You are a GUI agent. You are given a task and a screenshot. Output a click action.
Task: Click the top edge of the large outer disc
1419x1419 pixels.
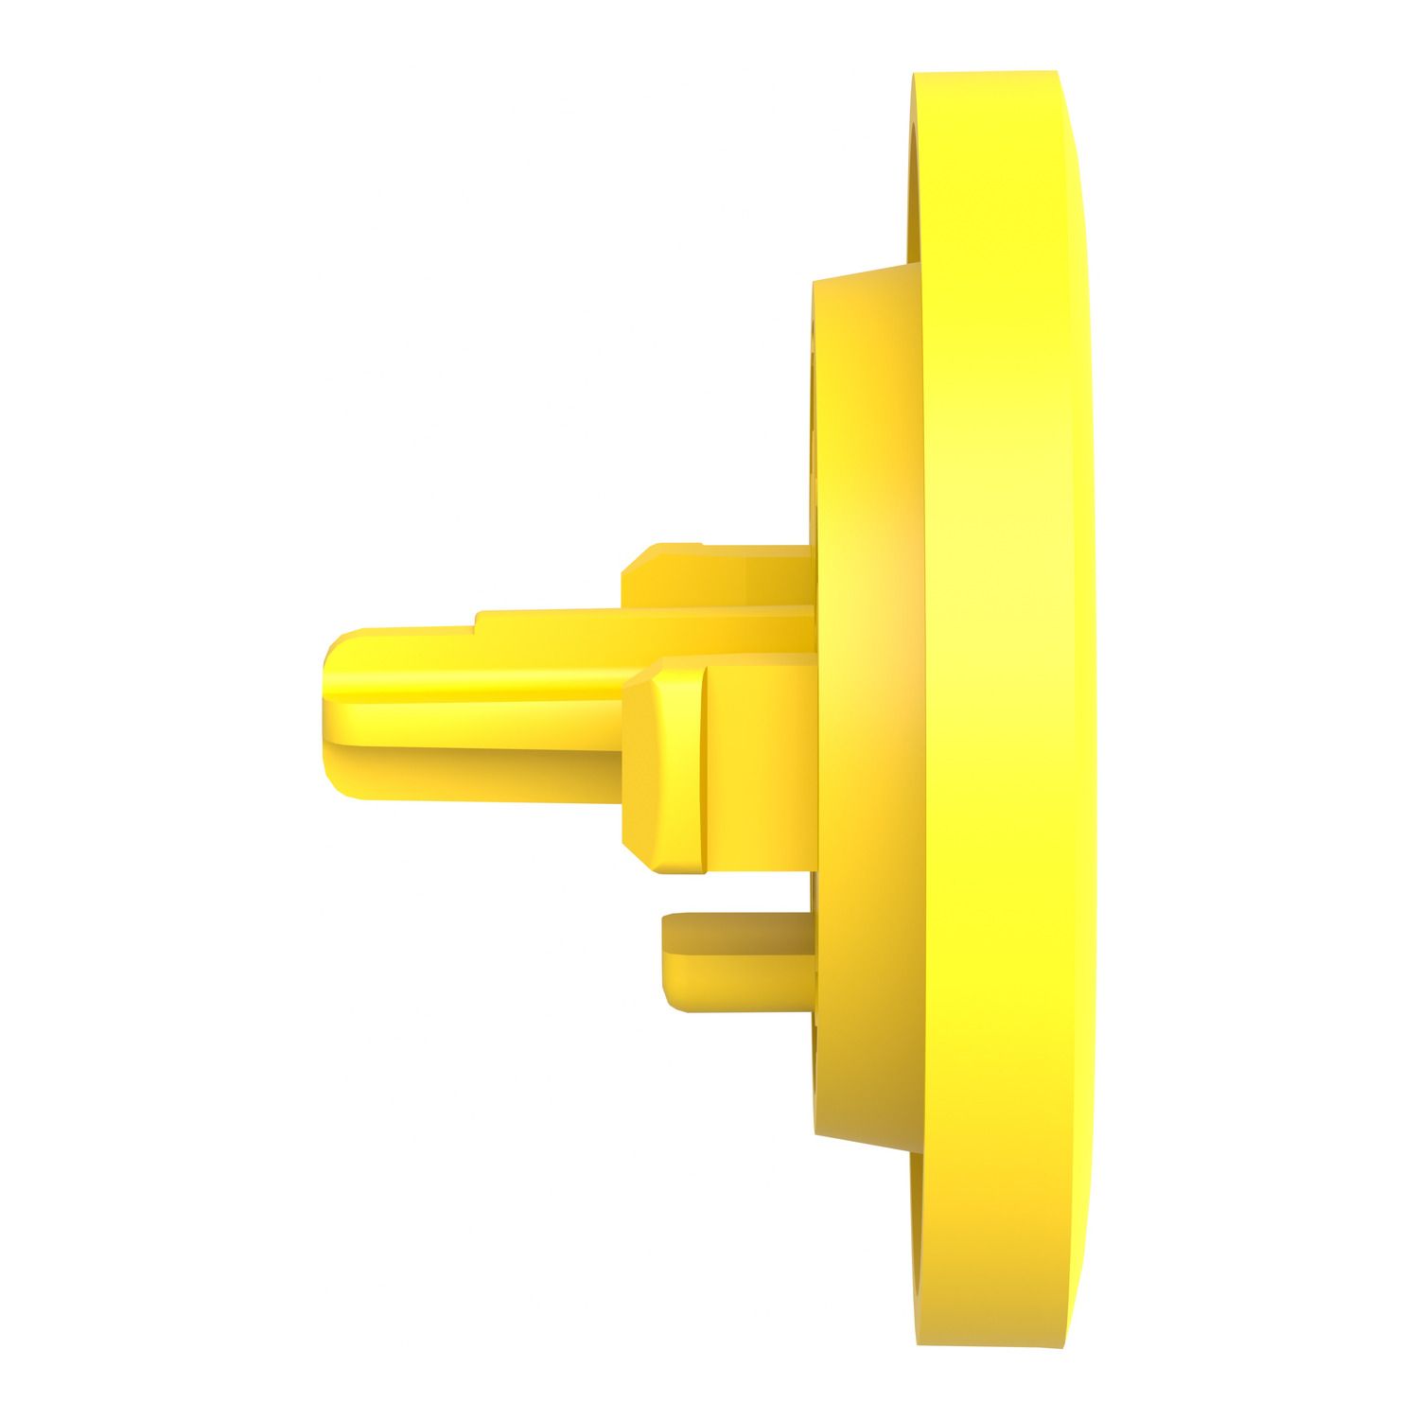(984, 72)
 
